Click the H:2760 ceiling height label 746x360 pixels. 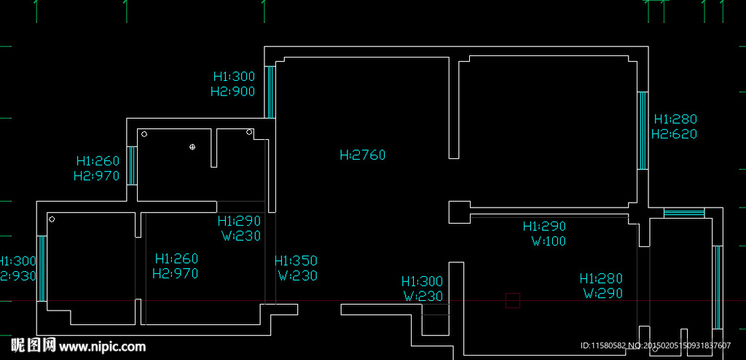tap(362, 154)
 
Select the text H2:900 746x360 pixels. tap(232, 92)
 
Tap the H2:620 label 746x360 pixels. tap(674, 134)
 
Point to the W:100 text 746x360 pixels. tap(548, 241)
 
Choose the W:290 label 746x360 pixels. tap(602, 294)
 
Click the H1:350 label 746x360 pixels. tap(296, 261)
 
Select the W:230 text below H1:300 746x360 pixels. tap(423, 297)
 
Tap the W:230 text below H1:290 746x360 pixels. tap(240, 235)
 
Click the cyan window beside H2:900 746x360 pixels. tap(269, 92)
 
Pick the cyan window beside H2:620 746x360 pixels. tap(643, 130)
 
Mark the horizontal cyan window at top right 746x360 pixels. tap(684, 214)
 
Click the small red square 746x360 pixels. tap(513, 300)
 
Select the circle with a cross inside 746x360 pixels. tap(192, 146)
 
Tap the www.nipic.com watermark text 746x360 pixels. tap(102, 346)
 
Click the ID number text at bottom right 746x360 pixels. tap(655, 345)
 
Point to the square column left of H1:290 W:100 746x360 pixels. tap(458, 212)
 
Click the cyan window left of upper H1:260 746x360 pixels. tap(131, 165)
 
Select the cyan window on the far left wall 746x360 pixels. tap(42, 267)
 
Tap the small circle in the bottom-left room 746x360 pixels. tap(52, 219)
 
